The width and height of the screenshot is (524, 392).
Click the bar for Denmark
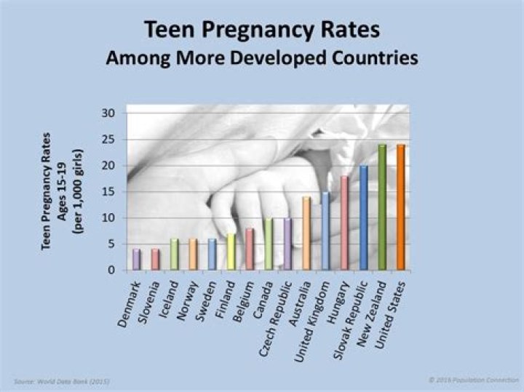tap(136, 260)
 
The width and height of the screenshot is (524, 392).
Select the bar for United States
tap(400, 207)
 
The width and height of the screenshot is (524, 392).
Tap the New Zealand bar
tap(381, 207)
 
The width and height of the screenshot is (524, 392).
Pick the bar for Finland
tap(231, 252)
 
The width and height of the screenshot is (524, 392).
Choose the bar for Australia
tap(306, 233)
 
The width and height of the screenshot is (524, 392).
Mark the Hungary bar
tap(344, 223)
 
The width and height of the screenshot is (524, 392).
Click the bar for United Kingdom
tap(325, 231)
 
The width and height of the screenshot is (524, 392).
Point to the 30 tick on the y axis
tap(109, 113)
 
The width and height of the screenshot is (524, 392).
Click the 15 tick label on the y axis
tap(109, 192)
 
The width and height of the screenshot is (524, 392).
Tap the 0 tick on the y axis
tap(112, 271)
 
